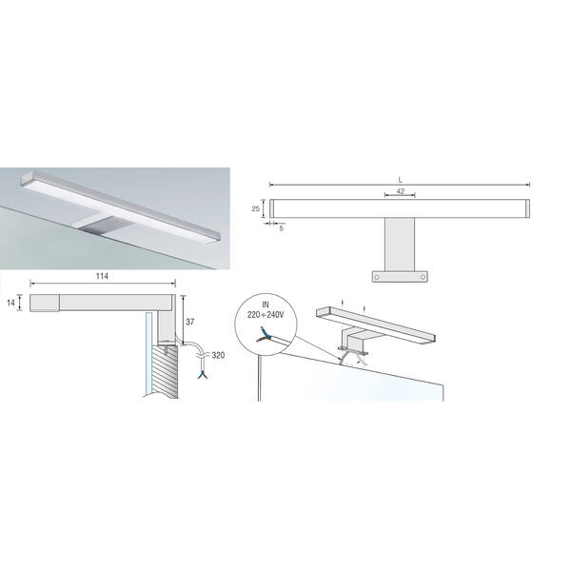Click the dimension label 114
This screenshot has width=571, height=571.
tap(102, 276)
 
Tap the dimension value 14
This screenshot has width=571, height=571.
tap(10, 303)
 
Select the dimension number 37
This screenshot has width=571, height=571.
tap(190, 322)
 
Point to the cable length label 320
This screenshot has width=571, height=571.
tap(218, 355)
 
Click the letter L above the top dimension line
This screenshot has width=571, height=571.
tap(401, 180)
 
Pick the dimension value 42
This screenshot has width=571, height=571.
tap(401, 191)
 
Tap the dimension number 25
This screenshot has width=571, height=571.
tap(256, 208)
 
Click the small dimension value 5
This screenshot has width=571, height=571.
tap(281, 228)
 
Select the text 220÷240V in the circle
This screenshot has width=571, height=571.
tap(266, 315)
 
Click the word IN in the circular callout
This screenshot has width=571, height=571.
tap(266, 305)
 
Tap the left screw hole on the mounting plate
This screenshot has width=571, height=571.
tap(377, 277)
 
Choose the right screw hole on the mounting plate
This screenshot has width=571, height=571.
tap(423, 277)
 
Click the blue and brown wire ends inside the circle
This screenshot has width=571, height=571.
tap(264, 335)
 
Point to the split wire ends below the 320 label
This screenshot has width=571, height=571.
tap(202, 374)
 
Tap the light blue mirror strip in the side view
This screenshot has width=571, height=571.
tap(148, 354)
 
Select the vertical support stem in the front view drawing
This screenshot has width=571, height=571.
tap(400, 245)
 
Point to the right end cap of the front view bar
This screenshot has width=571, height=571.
tap(527, 208)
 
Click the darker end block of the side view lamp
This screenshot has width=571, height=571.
tap(45, 303)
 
